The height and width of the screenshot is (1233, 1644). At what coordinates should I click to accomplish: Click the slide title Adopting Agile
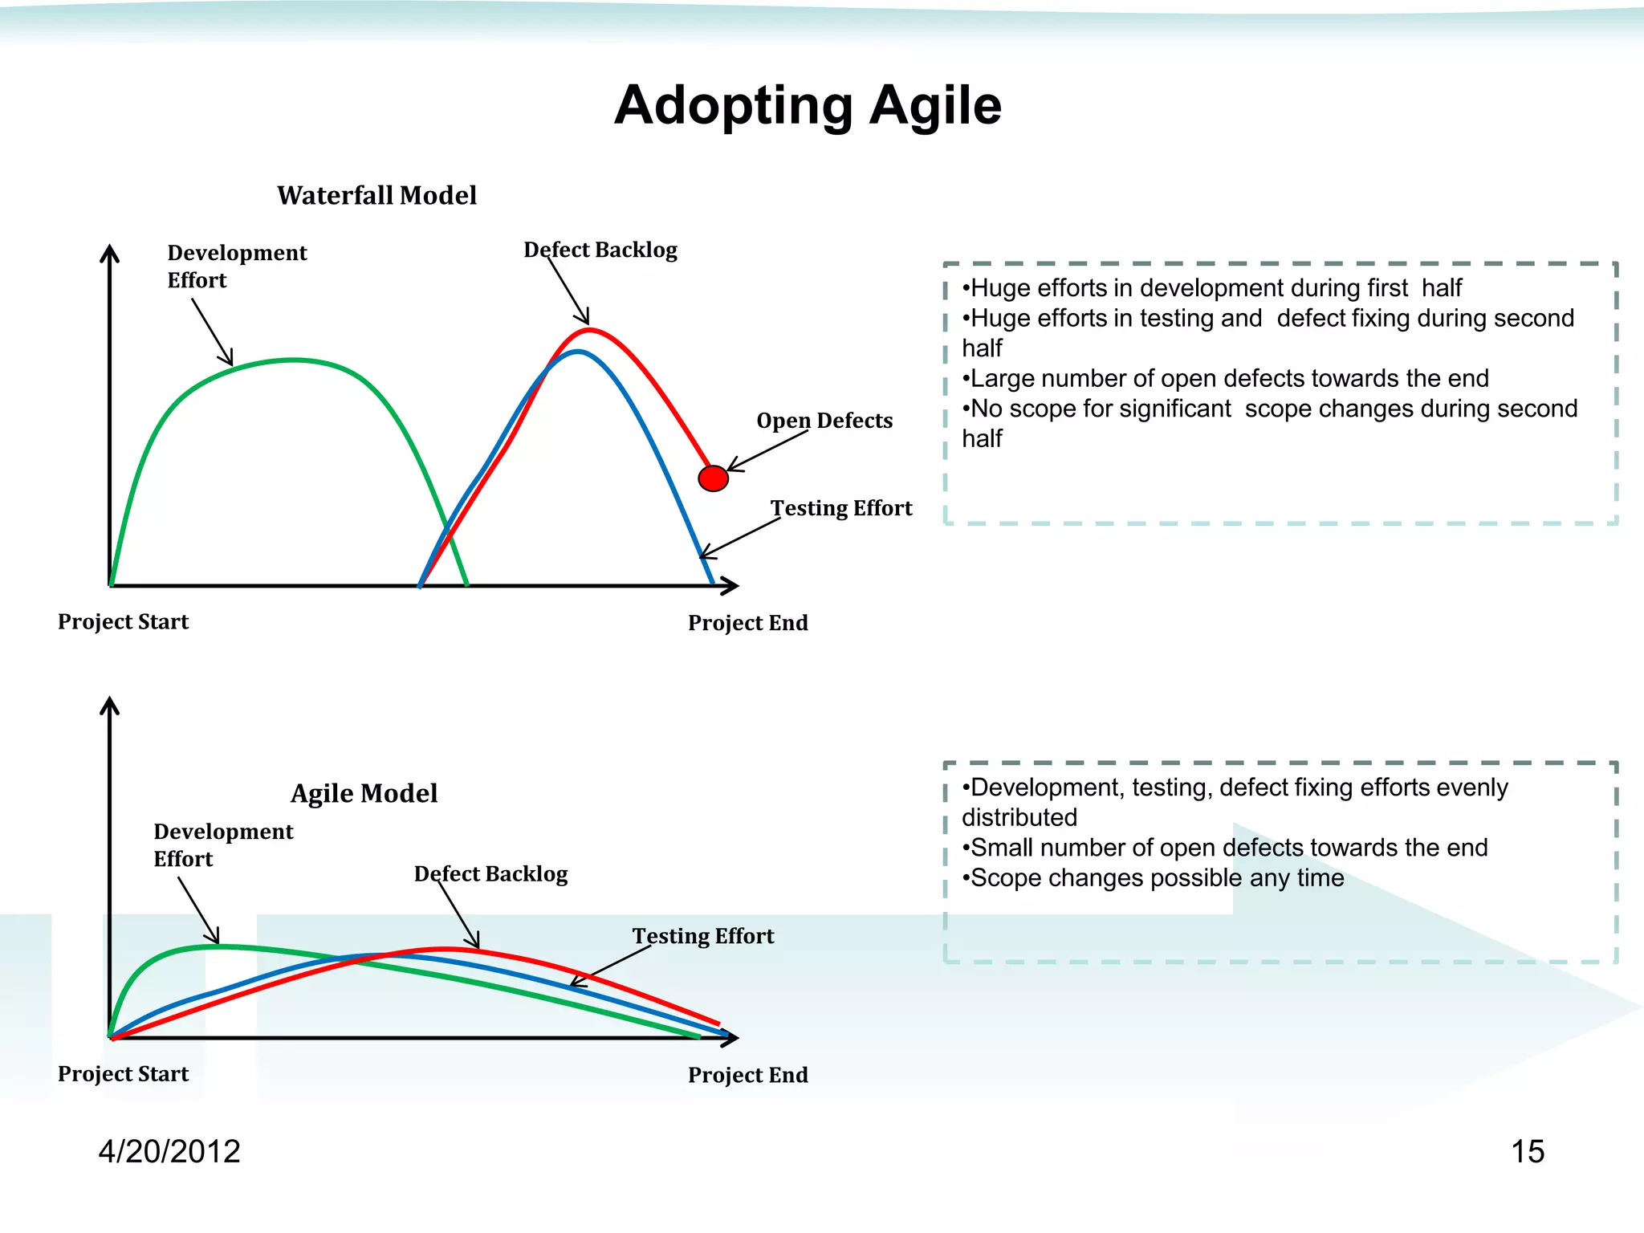pos(808,105)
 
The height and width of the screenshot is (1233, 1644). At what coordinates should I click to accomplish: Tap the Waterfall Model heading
pos(376,195)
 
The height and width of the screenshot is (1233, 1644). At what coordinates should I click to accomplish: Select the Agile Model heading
pos(364,793)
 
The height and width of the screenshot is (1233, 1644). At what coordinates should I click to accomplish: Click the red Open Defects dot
pos(713,478)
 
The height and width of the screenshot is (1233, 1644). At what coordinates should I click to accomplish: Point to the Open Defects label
pos(824,421)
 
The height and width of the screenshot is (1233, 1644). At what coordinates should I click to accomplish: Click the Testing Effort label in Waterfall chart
pos(841,508)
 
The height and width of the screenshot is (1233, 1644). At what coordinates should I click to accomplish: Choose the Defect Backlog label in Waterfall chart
pos(600,250)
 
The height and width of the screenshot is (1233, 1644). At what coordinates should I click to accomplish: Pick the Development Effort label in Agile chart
pos(223,844)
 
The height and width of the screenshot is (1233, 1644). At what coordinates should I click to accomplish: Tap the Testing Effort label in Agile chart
pos(703,936)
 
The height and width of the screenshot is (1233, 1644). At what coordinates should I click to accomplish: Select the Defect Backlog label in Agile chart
pos(490,873)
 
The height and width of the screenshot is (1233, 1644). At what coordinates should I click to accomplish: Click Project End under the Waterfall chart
pos(747,623)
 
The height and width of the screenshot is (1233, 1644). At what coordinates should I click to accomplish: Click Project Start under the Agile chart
pos(123,1074)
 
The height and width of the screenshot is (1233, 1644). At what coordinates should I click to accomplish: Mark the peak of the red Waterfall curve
pos(589,329)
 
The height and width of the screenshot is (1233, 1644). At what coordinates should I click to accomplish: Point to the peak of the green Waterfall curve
pos(294,360)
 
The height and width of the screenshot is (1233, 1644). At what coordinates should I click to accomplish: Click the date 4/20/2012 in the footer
pos(169,1151)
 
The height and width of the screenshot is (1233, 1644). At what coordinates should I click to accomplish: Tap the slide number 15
pos(1528,1151)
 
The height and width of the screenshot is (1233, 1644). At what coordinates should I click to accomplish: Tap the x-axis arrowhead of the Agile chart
pos(730,1038)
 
